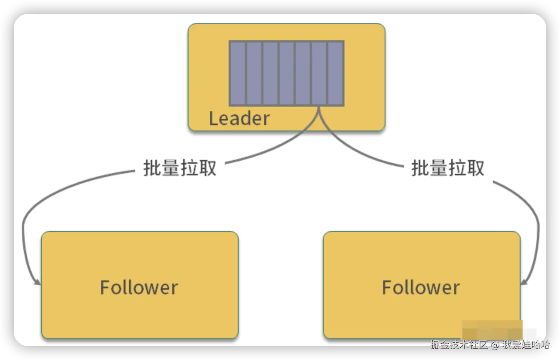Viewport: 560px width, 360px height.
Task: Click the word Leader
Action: [239, 118]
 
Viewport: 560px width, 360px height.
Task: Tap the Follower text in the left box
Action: [139, 287]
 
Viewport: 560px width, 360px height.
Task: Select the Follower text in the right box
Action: [421, 287]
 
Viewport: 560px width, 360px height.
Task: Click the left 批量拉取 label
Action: [180, 168]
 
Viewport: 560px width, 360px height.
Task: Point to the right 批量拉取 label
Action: [448, 168]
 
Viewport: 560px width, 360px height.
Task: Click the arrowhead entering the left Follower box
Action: [37, 282]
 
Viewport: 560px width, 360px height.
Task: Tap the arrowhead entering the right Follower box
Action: [524, 282]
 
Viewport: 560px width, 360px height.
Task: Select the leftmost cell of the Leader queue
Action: [238, 73]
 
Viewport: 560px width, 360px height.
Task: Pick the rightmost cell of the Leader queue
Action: [335, 73]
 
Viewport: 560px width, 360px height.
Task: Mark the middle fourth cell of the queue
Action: [287, 73]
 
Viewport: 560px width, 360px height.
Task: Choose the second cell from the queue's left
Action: [254, 73]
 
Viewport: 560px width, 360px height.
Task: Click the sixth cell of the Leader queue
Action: [319, 73]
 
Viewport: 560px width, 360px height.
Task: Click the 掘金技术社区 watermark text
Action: [459, 345]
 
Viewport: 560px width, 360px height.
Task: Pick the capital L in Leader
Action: [212, 118]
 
